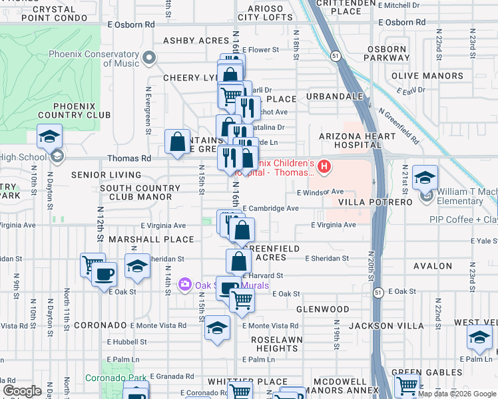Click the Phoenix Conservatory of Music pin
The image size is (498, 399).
(x=149, y=59)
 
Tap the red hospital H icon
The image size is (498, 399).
(x=324, y=166)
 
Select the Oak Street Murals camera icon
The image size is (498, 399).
(x=185, y=285)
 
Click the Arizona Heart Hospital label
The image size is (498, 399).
(x=350, y=140)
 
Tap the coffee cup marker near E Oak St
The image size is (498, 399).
(x=105, y=273)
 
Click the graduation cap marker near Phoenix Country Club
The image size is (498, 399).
(x=49, y=136)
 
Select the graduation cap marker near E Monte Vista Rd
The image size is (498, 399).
(x=217, y=328)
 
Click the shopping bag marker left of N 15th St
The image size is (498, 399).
(x=178, y=142)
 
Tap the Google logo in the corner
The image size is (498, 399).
(x=22, y=391)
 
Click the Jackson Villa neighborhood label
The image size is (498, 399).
(x=386, y=326)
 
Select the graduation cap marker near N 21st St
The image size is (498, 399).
(x=425, y=178)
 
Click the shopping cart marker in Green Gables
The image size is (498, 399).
(x=407, y=384)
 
